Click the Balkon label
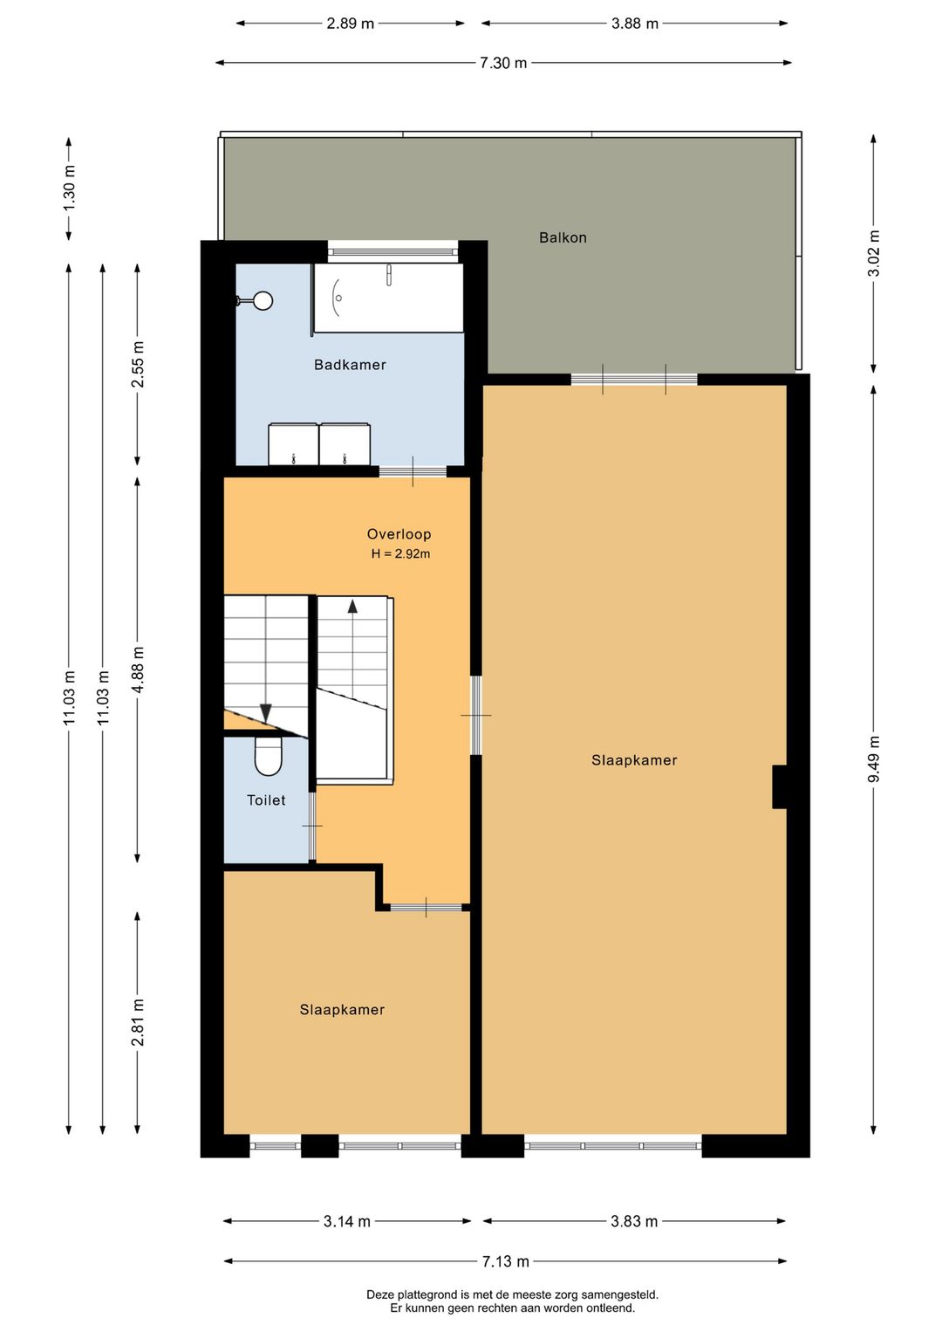(x=563, y=237)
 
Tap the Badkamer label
(x=350, y=365)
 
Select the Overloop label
(x=399, y=534)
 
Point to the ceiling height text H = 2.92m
(x=400, y=553)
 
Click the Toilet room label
(x=266, y=800)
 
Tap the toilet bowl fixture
(x=268, y=756)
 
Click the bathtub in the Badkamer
(x=389, y=298)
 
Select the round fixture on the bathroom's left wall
(x=262, y=301)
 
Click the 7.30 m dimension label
(x=503, y=63)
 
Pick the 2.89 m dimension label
(x=350, y=24)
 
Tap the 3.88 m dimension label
(x=635, y=24)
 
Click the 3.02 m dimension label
(x=873, y=253)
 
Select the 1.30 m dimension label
(x=69, y=187)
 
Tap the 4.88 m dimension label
(x=138, y=669)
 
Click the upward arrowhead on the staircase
(x=352, y=607)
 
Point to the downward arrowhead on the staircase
(x=266, y=713)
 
